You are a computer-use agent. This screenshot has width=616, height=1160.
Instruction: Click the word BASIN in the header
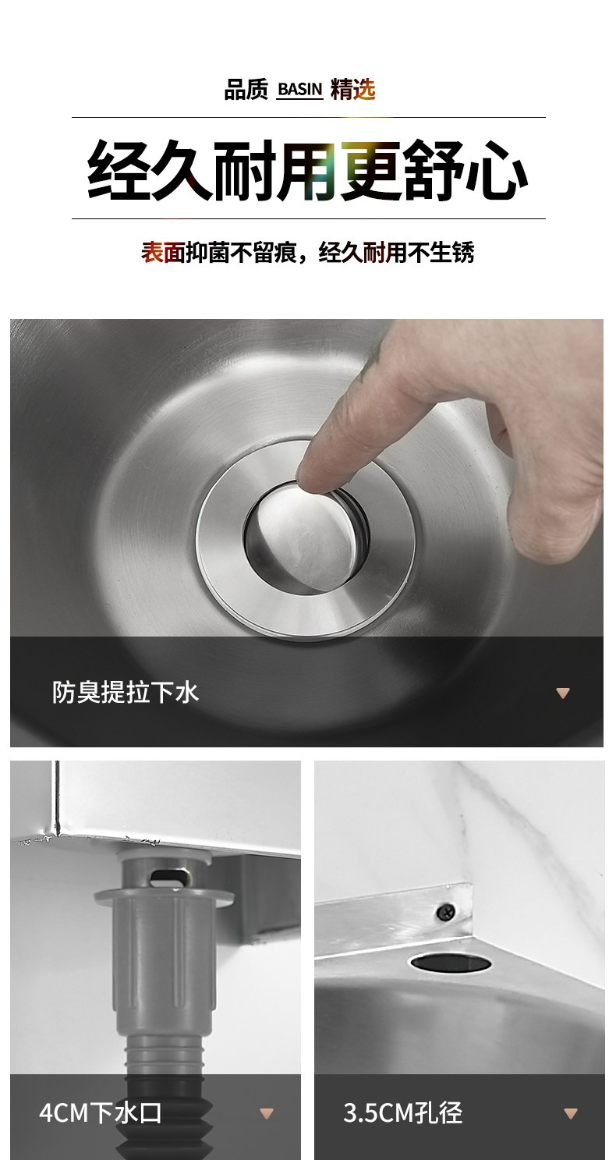coord(299,90)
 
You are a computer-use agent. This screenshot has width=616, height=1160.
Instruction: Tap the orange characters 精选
coord(352,89)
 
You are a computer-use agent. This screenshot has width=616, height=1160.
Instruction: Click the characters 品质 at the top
coord(246,89)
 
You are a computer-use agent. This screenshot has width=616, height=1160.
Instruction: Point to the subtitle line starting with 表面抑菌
coord(307,253)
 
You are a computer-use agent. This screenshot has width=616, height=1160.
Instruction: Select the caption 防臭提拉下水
coord(125,693)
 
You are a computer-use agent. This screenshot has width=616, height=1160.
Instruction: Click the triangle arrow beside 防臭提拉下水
coord(563,693)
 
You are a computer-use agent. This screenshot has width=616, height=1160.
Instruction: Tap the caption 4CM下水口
coord(101,1112)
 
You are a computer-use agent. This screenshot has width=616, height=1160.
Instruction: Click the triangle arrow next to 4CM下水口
coord(266,1113)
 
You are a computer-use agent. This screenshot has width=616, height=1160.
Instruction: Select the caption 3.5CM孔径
coord(402,1112)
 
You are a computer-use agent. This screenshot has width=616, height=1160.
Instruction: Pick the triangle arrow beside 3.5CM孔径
coord(571,1113)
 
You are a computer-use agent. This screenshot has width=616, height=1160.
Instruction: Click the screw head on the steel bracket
coord(446,911)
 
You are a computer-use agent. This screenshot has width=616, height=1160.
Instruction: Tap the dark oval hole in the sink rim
coord(451,963)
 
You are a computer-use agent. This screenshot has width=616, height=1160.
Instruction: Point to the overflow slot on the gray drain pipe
coord(167,878)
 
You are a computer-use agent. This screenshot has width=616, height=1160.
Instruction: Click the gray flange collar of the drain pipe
coord(164,896)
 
